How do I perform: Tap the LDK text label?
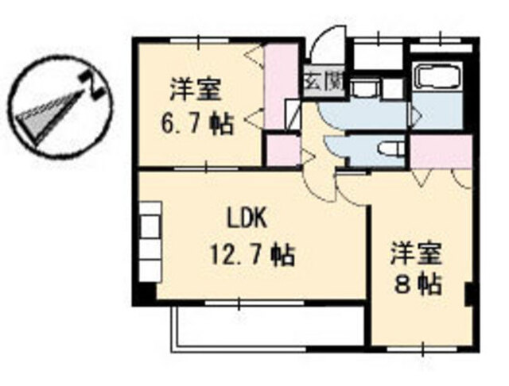pyautogui.click(x=247, y=218)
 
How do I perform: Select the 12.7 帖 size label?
pyautogui.click(x=252, y=254)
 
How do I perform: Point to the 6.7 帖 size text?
pyautogui.click(x=196, y=124)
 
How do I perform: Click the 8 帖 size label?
pyautogui.click(x=418, y=285)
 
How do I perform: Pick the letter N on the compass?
pyautogui.click(x=92, y=85)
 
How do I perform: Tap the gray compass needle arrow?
pyautogui.click(x=49, y=116)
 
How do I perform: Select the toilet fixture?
pyautogui.click(x=390, y=150)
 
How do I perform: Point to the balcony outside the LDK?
pyautogui.click(x=269, y=328)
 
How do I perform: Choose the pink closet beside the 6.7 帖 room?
pyautogui.click(x=281, y=87)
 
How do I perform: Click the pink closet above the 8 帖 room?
pyautogui.click(x=441, y=152)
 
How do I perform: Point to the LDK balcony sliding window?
pyautogui.click(x=254, y=303)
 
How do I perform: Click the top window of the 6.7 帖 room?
pyautogui.click(x=199, y=41)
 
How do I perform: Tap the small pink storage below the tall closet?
pyautogui.click(x=283, y=150)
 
